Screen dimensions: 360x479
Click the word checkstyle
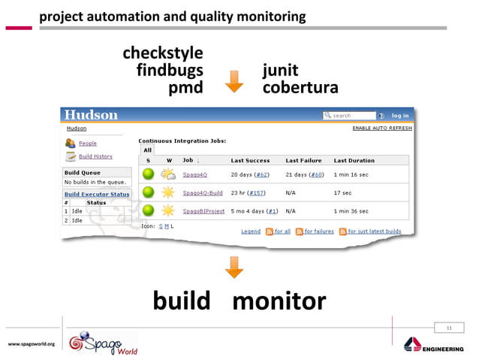coord(162,54)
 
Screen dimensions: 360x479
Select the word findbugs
coord(170,71)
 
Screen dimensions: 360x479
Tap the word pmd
coord(185,89)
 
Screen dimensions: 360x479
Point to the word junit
coord(280,71)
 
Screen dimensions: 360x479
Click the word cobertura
coord(300,89)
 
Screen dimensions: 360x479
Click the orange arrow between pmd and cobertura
coord(234,81)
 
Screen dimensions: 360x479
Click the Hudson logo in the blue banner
coord(91,115)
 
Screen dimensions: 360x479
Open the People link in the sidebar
coord(87,143)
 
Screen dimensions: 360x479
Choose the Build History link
coord(95,156)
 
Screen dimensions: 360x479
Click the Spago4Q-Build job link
coord(203,193)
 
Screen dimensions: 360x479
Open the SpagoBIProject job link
coord(203,211)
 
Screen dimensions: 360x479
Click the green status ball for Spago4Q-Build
coord(148,193)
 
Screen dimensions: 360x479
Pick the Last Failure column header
coord(303,161)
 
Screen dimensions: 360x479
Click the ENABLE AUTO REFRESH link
coord(381,129)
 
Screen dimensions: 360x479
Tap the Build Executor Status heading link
coord(96,194)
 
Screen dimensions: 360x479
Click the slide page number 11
coord(449,328)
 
